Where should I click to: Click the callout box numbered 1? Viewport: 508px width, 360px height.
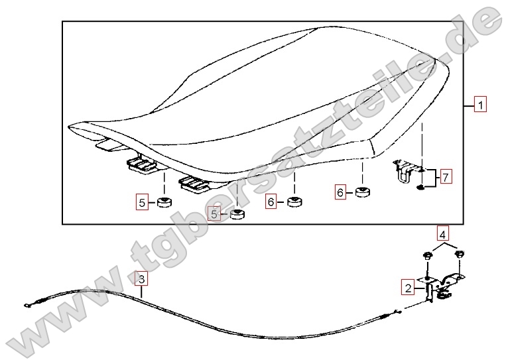(x=480, y=104)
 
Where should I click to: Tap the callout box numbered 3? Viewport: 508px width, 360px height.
(x=141, y=278)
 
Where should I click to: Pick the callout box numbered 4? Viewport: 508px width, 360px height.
(x=443, y=233)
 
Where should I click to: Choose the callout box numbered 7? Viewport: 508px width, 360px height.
(x=446, y=177)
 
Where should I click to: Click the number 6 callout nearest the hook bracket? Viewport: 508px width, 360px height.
(x=340, y=192)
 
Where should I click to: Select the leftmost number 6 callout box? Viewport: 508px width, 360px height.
(x=271, y=202)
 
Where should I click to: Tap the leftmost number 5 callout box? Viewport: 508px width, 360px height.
(x=142, y=203)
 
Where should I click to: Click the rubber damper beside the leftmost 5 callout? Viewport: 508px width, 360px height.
(x=164, y=202)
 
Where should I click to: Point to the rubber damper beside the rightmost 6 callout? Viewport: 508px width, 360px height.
(x=363, y=192)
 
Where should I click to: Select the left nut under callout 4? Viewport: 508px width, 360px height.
(x=427, y=256)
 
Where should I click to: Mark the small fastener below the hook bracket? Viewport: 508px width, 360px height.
(x=420, y=187)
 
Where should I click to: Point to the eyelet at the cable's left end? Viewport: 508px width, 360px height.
(x=27, y=305)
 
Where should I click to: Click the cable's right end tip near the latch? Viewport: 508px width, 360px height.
(x=400, y=312)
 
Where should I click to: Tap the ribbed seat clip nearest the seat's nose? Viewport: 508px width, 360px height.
(x=142, y=165)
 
